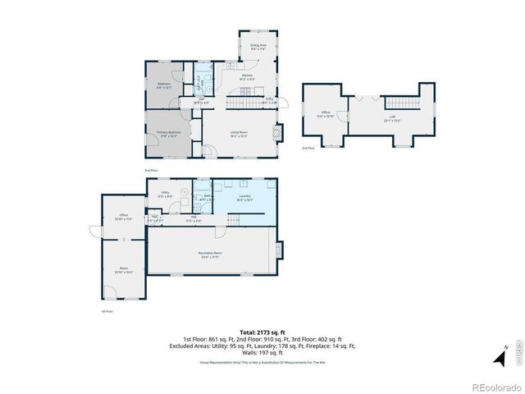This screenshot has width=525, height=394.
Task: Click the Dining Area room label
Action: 258,48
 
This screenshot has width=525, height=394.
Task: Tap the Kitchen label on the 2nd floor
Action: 246,75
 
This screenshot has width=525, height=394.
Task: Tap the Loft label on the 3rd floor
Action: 391,119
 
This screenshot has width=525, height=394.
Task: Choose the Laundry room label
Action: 244,196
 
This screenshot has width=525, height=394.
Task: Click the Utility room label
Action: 165,194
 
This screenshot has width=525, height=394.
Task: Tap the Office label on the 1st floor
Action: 122,218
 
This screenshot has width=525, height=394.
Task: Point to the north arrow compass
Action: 498,357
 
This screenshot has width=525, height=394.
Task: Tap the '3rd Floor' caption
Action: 308,149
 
